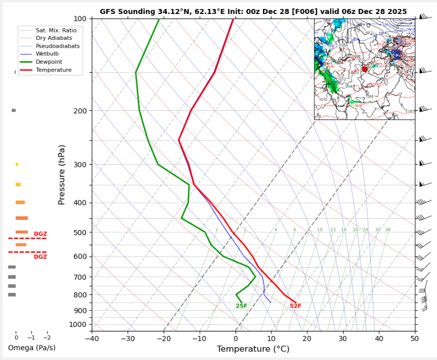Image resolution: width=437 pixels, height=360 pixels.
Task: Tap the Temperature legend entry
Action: click(x=54, y=70)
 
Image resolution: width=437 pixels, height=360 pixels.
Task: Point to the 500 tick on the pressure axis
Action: click(x=80, y=232)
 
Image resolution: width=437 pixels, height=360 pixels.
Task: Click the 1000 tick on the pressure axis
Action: click(x=78, y=325)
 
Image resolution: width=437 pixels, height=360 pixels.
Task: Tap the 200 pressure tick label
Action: click(x=80, y=111)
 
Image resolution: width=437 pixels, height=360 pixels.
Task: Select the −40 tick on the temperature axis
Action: click(x=92, y=339)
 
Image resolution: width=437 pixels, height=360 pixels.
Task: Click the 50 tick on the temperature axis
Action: click(x=415, y=339)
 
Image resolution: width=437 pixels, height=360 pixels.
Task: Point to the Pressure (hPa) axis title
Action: click(x=62, y=174)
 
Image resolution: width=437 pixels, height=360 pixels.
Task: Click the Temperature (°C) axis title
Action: click(x=253, y=349)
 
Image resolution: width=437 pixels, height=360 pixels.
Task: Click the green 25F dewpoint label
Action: click(x=241, y=306)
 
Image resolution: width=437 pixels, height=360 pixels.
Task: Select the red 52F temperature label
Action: click(x=295, y=306)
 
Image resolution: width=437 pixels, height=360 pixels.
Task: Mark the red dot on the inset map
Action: click(x=364, y=69)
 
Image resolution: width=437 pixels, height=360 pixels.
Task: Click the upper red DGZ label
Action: click(x=40, y=234)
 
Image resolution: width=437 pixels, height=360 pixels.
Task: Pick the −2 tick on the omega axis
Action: click(x=46, y=338)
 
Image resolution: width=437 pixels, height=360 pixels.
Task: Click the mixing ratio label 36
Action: click(x=388, y=230)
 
